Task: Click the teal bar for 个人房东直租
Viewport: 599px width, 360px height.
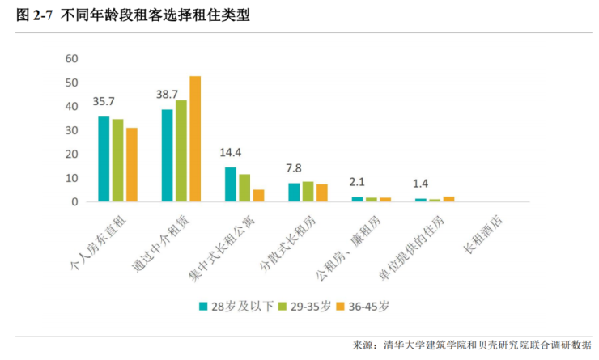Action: coord(104,159)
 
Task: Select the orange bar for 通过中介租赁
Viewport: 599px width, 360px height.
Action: coord(195,138)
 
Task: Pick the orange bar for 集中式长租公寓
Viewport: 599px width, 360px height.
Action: coord(258,195)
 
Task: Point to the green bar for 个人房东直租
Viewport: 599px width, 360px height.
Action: coord(118,160)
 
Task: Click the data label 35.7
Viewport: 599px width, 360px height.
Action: coord(104,102)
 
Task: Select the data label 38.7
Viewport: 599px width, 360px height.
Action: coord(167,95)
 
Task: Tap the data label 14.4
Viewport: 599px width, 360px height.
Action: coord(231,152)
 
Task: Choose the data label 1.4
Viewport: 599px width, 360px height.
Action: coord(420,184)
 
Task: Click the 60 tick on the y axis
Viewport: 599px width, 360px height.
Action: coord(71,59)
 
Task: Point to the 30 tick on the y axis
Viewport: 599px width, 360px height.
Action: coord(71,130)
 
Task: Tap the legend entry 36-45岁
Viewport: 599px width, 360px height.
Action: coord(368,306)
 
